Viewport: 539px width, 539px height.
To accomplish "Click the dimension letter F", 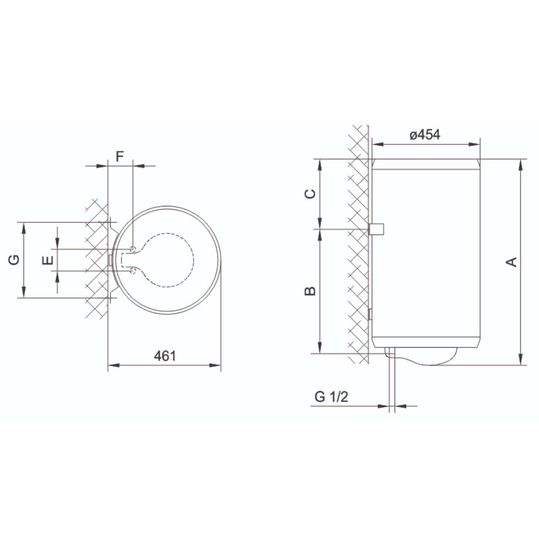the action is coord(119,156).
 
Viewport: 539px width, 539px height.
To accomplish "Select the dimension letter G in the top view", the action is coord(15,260).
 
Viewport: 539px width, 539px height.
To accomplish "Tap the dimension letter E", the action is coord(48,260).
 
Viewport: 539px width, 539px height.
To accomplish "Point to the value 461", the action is coord(165,356).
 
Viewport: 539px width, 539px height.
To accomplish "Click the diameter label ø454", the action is coord(425,134).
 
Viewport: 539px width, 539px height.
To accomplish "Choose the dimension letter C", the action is coord(310,194).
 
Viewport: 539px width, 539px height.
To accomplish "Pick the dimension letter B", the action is coord(310,291).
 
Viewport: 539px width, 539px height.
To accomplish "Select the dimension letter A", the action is coord(512,262).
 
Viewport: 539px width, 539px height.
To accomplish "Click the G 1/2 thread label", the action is coord(331,397).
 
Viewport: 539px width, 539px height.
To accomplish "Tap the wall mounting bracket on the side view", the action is coord(376,229).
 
